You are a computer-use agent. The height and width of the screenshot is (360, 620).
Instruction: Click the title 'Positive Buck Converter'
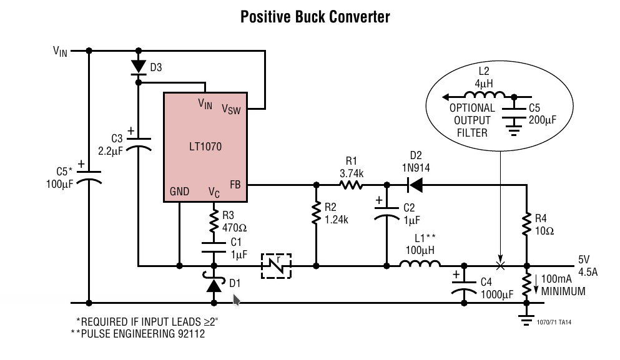tap(315, 17)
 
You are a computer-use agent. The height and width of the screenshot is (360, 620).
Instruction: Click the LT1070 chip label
tap(205, 147)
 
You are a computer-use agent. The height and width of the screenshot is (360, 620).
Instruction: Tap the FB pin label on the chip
tap(235, 185)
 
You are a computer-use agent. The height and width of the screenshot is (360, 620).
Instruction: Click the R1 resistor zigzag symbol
tap(352, 185)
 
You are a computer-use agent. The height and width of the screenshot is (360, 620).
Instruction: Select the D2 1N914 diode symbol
tap(415, 185)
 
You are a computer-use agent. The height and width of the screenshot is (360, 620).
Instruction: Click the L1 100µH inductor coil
tap(418, 265)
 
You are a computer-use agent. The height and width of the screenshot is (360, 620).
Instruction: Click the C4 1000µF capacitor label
tap(497, 288)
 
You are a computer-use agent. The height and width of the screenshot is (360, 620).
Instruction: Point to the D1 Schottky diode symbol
tap(214, 285)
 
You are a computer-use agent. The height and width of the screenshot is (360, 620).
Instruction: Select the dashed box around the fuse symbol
tap(276, 266)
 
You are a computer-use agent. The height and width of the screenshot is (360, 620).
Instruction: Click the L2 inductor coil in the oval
tap(486, 96)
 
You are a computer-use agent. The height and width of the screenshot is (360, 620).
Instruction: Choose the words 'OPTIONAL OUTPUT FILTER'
tap(472, 120)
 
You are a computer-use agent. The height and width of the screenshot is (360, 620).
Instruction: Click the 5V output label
tap(584, 260)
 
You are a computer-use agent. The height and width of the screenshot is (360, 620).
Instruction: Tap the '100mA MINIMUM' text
tap(564, 286)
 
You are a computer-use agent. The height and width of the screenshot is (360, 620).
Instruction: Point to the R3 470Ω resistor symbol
tap(214, 220)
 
